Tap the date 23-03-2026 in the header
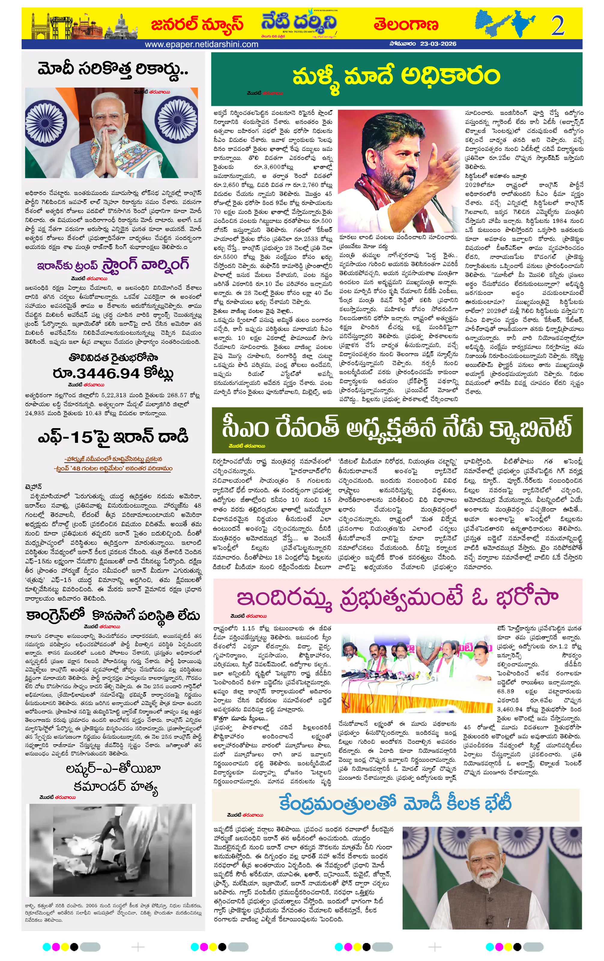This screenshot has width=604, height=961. pos(438,44)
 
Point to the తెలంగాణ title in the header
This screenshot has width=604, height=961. pos(406,25)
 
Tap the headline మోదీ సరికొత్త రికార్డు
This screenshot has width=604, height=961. pos(113,69)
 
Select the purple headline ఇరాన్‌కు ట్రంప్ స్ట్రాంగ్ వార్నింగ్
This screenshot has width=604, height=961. pos(113,265)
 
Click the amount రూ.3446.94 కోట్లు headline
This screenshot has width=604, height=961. pos(113,373)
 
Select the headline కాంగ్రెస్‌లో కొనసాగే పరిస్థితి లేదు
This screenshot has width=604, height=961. pos(113,615)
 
